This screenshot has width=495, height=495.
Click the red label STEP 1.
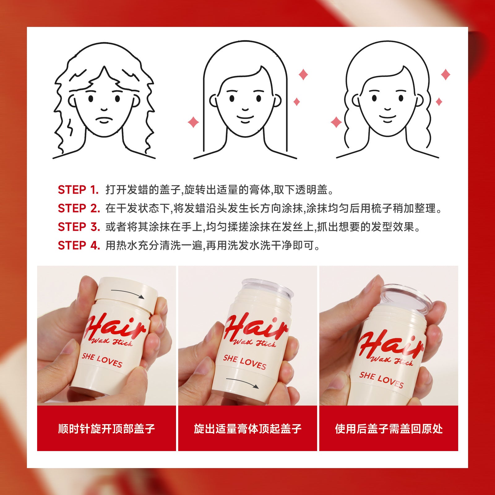(x=78, y=190)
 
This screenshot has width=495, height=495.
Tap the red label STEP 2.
(x=79, y=208)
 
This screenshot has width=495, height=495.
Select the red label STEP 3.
(x=79, y=227)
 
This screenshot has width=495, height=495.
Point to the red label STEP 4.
(x=79, y=245)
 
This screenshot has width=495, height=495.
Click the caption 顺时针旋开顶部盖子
(x=106, y=429)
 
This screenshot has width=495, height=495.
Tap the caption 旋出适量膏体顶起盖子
(x=247, y=429)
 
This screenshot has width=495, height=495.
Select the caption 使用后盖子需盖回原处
(x=389, y=429)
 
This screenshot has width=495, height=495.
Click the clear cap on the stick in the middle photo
(x=267, y=288)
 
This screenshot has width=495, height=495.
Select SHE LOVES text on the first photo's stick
(x=102, y=360)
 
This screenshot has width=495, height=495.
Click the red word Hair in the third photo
(x=391, y=344)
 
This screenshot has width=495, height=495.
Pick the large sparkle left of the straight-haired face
(x=193, y=122)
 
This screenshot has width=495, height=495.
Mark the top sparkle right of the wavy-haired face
(x=445, y=75)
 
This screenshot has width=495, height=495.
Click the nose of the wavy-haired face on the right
(x=388, y=109)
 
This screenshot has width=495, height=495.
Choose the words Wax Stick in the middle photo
(x=254, y=342)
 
